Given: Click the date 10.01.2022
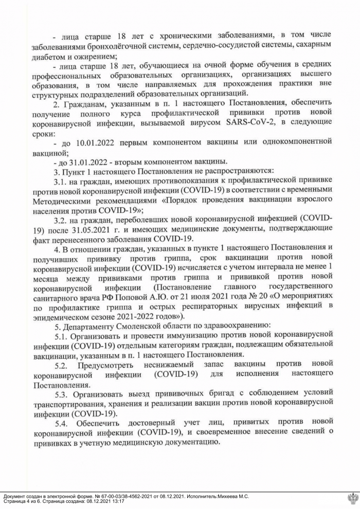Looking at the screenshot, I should click(89, 141).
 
